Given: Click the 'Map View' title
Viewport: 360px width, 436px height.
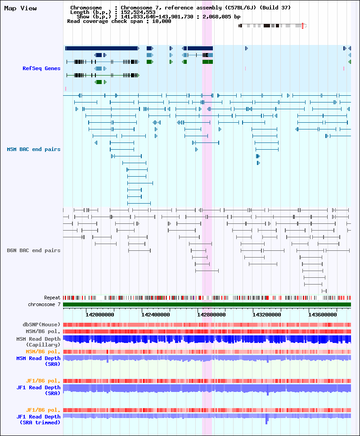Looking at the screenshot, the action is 20,9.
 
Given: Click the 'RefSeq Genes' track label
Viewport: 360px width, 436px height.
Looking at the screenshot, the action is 41,68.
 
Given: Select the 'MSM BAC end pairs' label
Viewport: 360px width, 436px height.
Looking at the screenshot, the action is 34,149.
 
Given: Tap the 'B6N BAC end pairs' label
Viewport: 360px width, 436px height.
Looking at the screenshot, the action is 34,250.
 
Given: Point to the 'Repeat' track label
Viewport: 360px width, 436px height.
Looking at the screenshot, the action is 52,298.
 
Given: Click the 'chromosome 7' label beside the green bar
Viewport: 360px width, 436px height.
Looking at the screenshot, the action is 44,304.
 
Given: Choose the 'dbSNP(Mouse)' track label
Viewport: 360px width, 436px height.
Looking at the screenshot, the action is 41,325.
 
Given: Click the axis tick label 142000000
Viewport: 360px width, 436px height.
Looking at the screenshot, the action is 100,315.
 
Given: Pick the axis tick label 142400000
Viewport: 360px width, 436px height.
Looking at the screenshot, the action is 156,315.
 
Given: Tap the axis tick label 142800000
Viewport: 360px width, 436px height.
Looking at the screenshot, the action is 211,315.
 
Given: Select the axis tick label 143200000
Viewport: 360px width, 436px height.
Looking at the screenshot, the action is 267,315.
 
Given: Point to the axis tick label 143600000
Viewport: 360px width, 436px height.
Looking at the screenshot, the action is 322,315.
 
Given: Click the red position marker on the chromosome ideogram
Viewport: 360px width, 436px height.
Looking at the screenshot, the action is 303,26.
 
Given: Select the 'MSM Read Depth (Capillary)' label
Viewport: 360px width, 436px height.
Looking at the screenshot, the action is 38,342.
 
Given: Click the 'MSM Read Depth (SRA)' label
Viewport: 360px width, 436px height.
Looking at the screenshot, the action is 38,361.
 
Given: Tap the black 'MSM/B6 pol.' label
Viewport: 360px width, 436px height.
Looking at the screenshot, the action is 43,331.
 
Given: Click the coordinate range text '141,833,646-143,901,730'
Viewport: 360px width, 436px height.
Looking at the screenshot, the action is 157,17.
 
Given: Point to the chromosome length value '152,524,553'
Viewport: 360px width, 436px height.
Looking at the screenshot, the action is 138,12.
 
